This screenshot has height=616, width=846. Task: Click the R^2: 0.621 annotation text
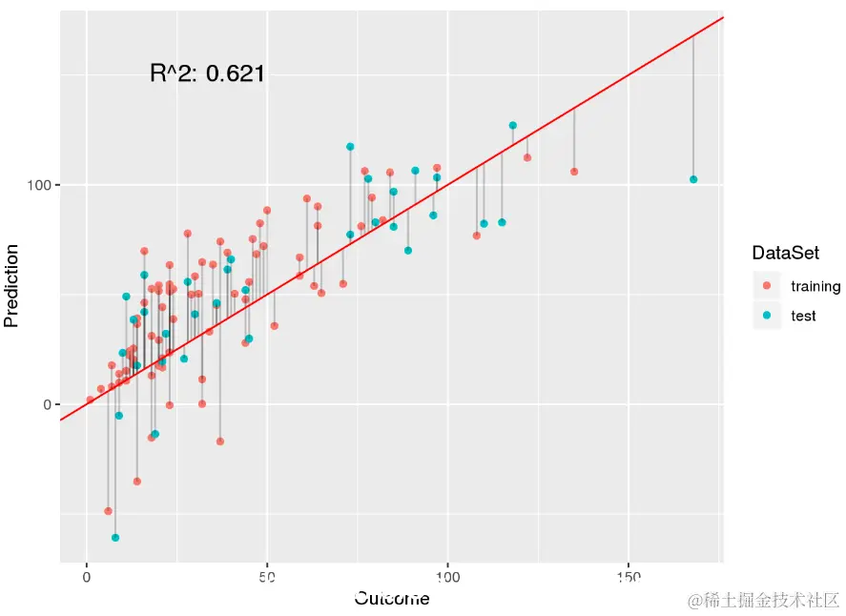click(x=207, y=73)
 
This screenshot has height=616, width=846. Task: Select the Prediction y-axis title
click(x=12, y=285)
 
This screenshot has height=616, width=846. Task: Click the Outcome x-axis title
click(x=391, y=599)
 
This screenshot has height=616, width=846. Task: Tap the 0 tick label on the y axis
click(x=44, y=404)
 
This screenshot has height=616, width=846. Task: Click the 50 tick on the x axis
click(x=267, y=576)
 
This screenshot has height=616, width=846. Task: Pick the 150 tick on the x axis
click(x=629, y=576)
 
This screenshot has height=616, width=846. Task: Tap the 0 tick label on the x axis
click(x=87, y=576)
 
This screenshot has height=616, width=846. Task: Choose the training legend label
click(x=815, y=286)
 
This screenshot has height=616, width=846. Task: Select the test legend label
click(x=804, y=316)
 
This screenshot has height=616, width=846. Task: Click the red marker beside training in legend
click(x=767, y=286)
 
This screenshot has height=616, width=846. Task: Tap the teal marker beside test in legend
click(x=767, y=316)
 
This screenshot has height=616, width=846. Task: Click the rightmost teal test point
click(x=693, y=179)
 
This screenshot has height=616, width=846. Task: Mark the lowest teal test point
click(x=115, y=538)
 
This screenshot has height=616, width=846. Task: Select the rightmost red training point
click(x=574, y=172)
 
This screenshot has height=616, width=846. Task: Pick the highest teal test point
click(x=513, y=125)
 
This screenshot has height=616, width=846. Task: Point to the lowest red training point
click(x=108, y=511)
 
